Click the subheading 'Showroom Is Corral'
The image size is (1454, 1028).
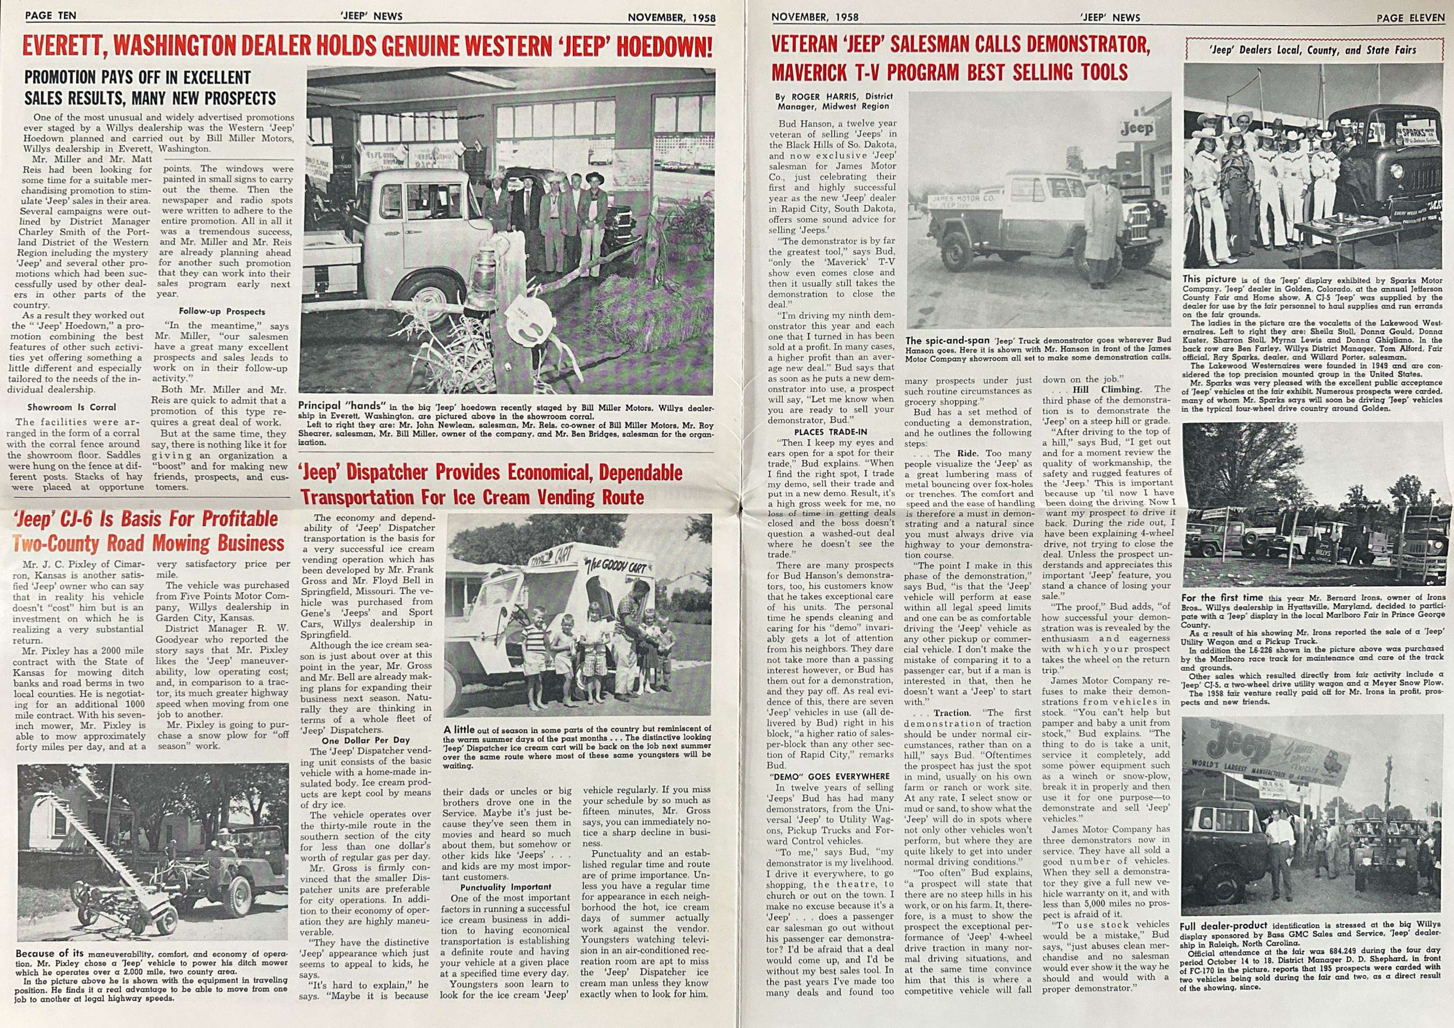coord(72,407)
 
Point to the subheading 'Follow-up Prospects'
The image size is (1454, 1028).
coord(222,312)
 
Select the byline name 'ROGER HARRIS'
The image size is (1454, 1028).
coord(821,97)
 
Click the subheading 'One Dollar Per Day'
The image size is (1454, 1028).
coord(366,740)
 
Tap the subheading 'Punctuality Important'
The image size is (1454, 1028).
coord(505,887)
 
